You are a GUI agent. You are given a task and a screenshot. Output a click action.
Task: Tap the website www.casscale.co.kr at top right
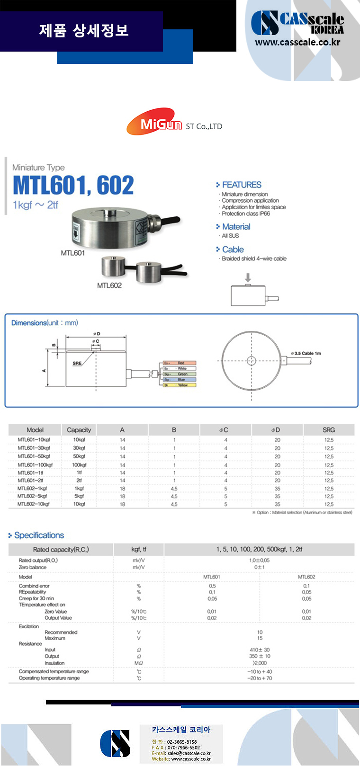click(x=297, y=42)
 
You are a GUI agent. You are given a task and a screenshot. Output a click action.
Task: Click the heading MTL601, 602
click(x=73, y=185)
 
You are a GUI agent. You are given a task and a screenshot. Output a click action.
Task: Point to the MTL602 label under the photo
click(x=109, y=285)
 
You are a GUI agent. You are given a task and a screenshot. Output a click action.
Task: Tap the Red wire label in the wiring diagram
click(x=181, y=363)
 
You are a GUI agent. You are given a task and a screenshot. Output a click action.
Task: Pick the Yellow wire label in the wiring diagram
click(x=182, y=385)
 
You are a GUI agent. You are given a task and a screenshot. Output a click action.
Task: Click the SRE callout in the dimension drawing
click(x=77, y=363)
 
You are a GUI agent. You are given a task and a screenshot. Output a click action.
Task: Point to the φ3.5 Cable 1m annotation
click(x=306, y=353)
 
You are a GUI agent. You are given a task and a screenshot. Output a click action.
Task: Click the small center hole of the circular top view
click(x=251, y=361)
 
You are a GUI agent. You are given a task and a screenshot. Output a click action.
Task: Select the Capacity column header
click(x=79, y=430)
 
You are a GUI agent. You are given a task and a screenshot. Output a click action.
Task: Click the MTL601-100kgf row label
click(x=35, y=465)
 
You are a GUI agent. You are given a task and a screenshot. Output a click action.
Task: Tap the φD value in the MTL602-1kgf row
click(x=277, y=489)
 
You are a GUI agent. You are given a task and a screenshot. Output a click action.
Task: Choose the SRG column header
click(x=328, y=430)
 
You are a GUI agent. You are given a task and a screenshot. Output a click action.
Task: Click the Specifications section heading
click(x=39, y=535)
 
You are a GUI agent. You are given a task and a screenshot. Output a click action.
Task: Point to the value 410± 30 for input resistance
click(x=260, y=650)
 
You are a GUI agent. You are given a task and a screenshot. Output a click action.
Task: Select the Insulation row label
click(x=54, y=663)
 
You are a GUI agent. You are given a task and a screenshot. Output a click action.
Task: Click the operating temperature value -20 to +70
click(x=260, y=678)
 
